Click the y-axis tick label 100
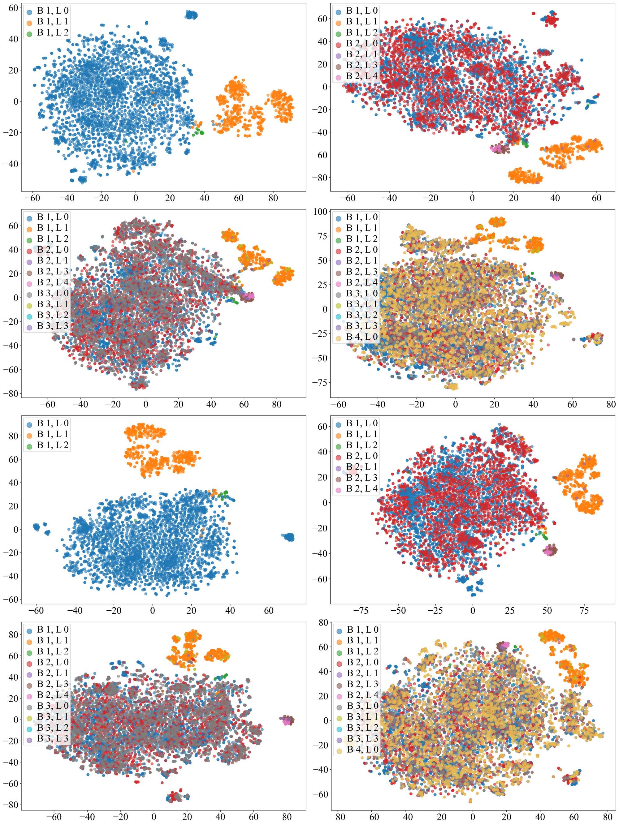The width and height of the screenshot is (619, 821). (x=320, y=212)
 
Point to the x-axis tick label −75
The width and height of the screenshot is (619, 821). (x=361, y=611)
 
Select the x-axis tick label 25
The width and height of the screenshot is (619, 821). (x=509, y=611)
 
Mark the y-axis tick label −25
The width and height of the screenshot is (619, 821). (x=320, y=334)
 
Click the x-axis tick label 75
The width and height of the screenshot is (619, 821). (x=584, y=611)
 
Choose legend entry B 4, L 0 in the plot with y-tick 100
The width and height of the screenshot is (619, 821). (x=362, y=337)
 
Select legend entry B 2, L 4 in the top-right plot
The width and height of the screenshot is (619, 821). (x=362, y=76)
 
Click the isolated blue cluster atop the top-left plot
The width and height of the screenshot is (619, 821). (x=192, y=15)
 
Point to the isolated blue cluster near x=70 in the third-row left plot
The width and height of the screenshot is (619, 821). (x=288, y=537)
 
